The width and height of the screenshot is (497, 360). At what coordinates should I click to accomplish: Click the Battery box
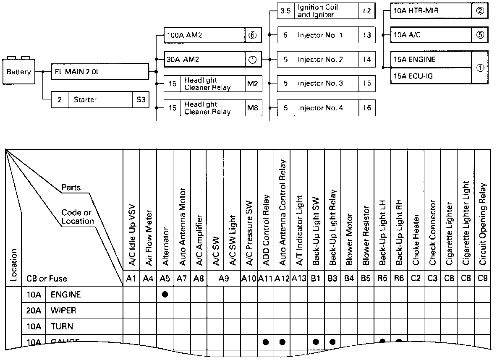click(x=19, y=72)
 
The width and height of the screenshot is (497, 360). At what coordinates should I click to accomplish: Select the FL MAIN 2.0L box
click(x=100, y=71)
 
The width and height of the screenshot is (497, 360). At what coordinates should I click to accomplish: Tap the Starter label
click(x=85, y=100)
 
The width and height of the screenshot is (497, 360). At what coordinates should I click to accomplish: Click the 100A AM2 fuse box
click(x=204, y=36)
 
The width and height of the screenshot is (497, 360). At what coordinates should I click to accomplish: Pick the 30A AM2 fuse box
click(x=204, y=60)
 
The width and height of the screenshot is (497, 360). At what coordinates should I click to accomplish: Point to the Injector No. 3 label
click(x=320, y=83)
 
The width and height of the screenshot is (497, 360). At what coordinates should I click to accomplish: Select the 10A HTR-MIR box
click(x=431, y=11)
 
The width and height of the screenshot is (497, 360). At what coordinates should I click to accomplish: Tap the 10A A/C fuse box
click(x=431, y=35)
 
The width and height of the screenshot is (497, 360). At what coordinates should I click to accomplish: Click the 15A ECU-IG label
click(x=413, y=76)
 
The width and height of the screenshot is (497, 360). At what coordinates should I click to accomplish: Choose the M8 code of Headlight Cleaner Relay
click(x=252, y=108)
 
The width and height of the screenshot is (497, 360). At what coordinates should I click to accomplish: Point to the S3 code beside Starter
click(x=140, y=100)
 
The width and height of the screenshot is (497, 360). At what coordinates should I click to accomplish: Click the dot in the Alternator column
click(x=165, y=295)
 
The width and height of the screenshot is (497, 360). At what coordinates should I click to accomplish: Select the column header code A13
click(x=299, y=278)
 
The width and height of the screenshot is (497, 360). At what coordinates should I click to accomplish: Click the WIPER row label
click(x=63, y=311)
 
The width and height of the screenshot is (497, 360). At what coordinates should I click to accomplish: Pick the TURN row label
click(x=62, y=326)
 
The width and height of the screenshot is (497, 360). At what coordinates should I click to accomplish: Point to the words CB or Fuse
click(x=47, y=278)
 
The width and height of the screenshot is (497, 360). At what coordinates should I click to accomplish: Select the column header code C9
click(x=482, y=278)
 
